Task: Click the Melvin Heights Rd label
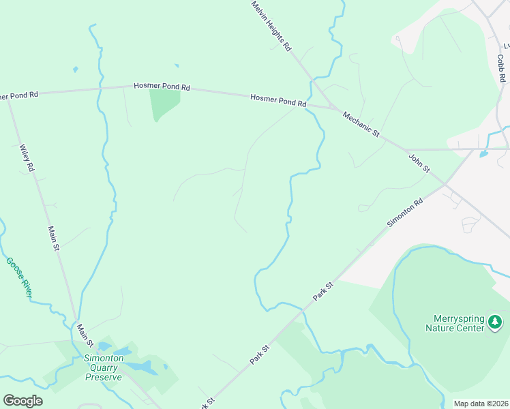pyautogui.click(x=271, y=26)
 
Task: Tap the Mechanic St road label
pyautogui.click(x=361, y=125)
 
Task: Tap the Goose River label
pyautogui.click(x=18, y=277)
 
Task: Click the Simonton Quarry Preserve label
pyautogui.click(x=103, y=367)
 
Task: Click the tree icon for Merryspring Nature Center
pyautogui.click(x=496, y=321)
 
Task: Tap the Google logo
pyautogui.click(x=22, y=401)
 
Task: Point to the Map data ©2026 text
pyautogui.click(x=480, y=404)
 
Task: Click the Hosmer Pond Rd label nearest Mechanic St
pyautogui.click(x=278, y=100)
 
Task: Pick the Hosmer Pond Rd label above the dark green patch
pyautogui.click(x=162, y=87)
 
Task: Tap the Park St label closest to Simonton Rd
pyautogui.click(x=322, y=292)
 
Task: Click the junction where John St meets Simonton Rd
pyautogui.click(x=445, y=183)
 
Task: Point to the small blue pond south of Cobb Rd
pyautogui.click(x=483, y=154)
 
